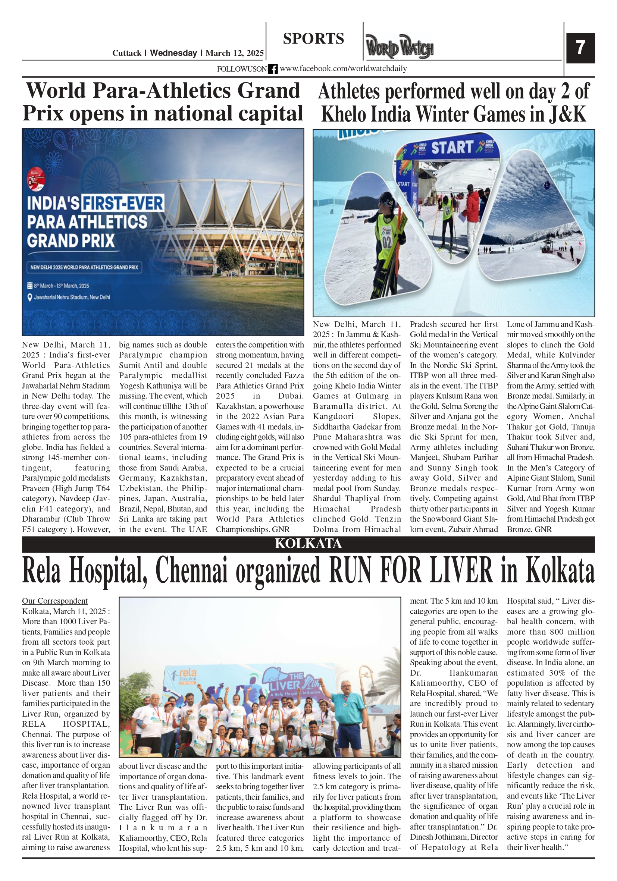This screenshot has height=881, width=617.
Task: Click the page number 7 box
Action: (x=580, y=48)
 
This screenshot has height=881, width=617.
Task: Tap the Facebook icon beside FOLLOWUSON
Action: (x=273, y=69)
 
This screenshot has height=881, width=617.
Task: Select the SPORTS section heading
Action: (x=313, y=39)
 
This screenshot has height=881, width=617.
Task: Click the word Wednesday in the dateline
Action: (x=173, y=53)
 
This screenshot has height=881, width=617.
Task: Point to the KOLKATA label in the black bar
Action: (x=308, y=544)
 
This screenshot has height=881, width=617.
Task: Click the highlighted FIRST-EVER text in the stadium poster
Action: (x=123, y=203)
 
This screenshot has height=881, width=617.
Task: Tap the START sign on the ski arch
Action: (x=451, y=147)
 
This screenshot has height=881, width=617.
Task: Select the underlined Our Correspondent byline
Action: (x=54, y=601)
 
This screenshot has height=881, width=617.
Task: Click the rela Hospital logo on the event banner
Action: (x=187, y=674)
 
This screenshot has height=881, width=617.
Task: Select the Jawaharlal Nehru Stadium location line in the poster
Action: (x=71, y=297)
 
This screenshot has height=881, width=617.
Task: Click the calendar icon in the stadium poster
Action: (x=29, y=286)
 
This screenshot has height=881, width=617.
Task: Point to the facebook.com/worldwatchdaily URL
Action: (x=343, y=69)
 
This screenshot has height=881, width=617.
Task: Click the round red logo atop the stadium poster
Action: (x=36, y=179)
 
